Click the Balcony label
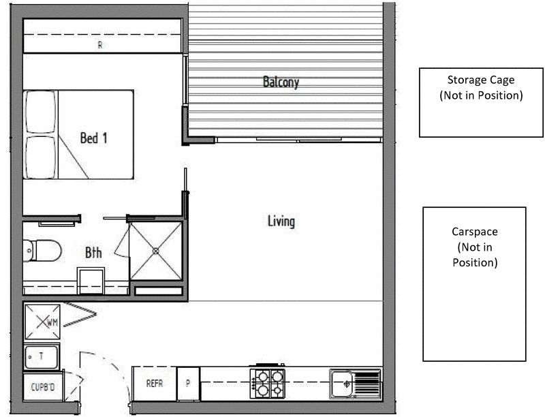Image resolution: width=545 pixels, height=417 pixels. [x=281, y=82]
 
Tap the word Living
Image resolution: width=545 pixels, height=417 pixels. [x=281, y=221]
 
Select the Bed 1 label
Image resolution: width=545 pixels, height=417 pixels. [x=94, y=138]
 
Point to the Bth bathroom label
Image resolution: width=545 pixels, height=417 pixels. [x=93, y=253]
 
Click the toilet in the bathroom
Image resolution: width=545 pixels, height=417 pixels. [x=42, y=250]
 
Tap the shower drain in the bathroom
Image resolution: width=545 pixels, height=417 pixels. [x=156, y=251]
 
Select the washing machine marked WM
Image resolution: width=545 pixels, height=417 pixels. [x=42, y=322]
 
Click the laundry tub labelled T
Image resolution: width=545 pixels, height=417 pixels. [x=42, y=356]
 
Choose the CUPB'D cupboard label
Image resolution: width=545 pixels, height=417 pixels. [x=43, y=387]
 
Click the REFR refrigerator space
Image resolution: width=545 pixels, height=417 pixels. [x=155, y=384]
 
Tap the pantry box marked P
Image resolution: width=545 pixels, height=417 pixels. [x=188, y=384]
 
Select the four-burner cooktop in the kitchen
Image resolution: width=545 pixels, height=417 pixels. [x=267, y=384]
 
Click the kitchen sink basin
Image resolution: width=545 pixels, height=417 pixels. [x=342, y=384]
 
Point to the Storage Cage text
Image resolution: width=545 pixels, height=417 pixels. [x=481, y=80]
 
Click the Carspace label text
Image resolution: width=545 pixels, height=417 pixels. [x=474, y=232]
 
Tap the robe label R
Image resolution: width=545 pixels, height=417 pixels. [x=100, y=45]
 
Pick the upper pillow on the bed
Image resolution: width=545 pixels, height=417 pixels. [x=41, y=112]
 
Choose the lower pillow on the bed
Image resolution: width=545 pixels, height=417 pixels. [x=41, y=157]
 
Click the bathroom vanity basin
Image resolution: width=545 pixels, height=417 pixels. [x=91, y=281]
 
